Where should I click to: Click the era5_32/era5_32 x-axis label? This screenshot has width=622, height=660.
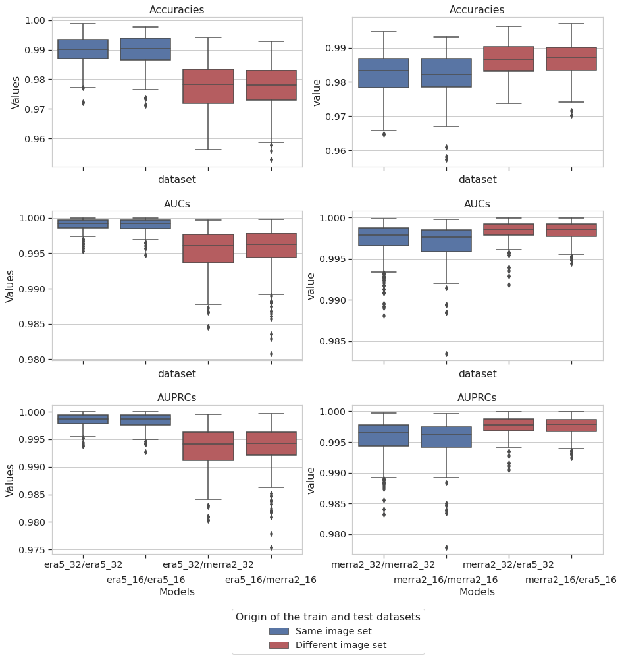click(83, 564)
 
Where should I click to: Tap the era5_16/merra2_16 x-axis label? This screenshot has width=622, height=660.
click(271, 580)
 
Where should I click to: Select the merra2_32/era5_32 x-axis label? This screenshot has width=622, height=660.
click(508, 564)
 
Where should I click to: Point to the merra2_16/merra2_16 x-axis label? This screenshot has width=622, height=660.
click(446, 580)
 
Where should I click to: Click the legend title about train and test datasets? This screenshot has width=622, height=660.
click(328, 617)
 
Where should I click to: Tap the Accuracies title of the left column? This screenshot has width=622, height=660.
click(176, 10)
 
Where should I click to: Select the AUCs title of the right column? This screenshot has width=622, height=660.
click(477, 204)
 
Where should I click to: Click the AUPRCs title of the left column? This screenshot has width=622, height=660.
click(176, 398)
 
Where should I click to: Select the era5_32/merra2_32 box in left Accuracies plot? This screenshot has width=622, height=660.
click(208, 86)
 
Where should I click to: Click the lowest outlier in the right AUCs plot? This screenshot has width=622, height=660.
click(446, 354)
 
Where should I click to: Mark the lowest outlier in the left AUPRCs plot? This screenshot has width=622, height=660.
click(271, 547)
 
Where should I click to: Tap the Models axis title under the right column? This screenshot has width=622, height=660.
click(477, 592)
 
